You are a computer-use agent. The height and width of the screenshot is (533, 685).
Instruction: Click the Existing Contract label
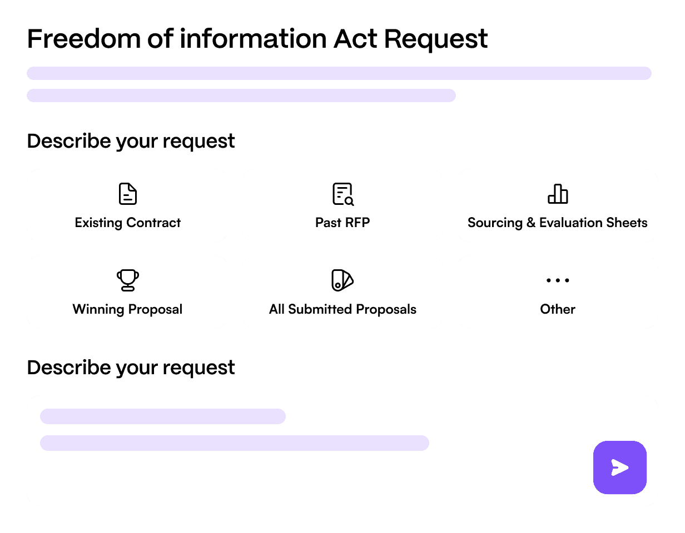[128, 223]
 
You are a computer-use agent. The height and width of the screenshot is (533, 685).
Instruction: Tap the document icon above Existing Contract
[128, 194]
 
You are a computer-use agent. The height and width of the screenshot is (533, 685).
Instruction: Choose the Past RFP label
[343, 223]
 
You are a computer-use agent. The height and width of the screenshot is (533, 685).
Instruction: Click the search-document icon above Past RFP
[343, 194]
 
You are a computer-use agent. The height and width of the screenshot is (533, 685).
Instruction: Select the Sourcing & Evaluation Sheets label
[557, 223]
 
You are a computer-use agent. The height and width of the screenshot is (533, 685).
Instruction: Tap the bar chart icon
[557, 194]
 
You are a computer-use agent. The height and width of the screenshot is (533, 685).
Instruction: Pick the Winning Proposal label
[127, 309]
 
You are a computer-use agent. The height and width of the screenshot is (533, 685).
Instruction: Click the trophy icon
[128, 280]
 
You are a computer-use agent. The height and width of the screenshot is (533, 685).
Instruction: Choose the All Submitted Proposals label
[343, 309]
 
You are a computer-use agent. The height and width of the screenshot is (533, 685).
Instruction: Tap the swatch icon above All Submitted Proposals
[343, 280]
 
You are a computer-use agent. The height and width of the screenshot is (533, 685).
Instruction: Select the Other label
[557, 309]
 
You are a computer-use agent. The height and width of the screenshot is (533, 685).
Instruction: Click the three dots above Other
[557, 280]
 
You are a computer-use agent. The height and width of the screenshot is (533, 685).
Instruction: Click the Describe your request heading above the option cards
[131, 141]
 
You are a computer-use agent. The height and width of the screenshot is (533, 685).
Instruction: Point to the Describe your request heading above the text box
[131, 368]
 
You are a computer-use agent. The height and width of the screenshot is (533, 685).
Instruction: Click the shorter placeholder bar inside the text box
[162, 416]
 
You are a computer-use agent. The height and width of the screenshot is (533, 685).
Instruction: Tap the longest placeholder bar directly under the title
[339, 73]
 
